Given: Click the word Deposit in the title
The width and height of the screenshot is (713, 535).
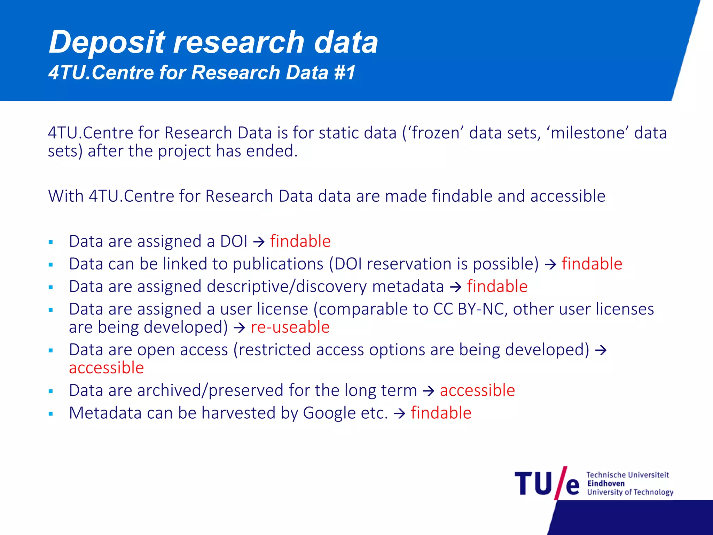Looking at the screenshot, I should pos(107,42).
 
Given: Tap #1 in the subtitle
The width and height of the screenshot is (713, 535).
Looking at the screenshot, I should pos(344,72).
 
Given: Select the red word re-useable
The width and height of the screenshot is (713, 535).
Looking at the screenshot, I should pos(290,327).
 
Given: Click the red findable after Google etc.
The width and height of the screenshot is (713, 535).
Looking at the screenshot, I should pos(441,413).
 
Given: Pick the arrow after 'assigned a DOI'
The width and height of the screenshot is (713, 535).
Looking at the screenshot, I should pos(259,242).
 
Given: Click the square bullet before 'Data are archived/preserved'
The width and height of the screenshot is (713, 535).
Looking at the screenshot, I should pos(51,391).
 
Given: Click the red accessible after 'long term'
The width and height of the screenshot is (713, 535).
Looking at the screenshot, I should pos(477,390).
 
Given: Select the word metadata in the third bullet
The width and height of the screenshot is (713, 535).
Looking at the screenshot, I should pos(408,287).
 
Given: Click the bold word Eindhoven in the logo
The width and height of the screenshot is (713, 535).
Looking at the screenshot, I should pos(606,483).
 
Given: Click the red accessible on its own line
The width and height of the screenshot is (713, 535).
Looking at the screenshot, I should pos(107,368).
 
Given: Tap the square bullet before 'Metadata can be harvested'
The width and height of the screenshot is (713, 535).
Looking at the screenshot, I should pos(51,414).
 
